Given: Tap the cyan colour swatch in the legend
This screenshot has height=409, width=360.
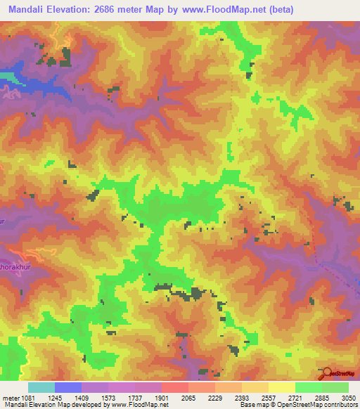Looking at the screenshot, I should pyautogui.click(x=41, y=387).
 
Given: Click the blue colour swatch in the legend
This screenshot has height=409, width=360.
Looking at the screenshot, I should pyautogui.click(x=67, y=387).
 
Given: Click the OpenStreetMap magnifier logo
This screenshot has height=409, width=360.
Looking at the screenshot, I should pyautogui.click(x=326, y=372).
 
